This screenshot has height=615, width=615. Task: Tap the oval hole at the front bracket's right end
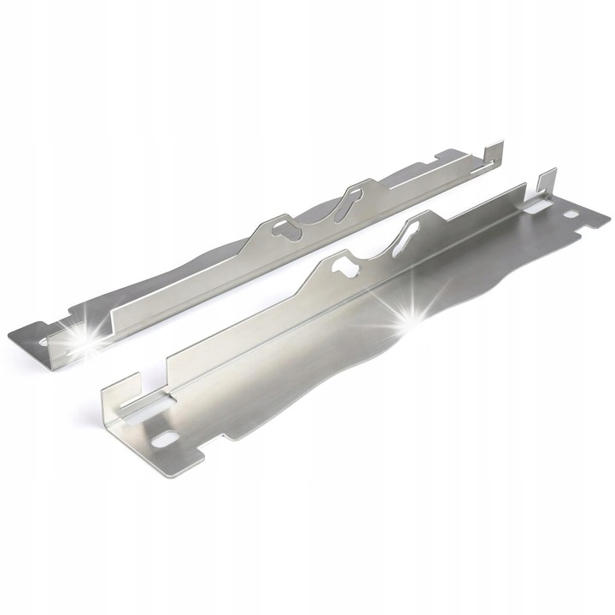pyautogui.click(x=570, y=214)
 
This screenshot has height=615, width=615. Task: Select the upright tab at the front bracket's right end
pyautogui.click(x=548, y=181)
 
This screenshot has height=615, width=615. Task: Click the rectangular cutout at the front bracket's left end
pyautogui.click(x=143, y=407)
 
